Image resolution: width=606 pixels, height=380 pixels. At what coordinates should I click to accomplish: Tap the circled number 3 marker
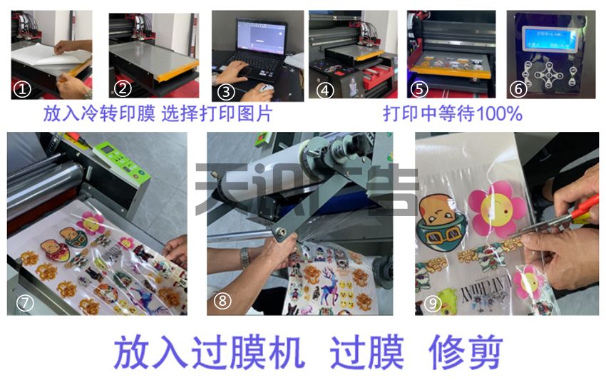[x=226, y=91]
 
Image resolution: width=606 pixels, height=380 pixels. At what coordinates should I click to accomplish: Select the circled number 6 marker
[x=518, y=89]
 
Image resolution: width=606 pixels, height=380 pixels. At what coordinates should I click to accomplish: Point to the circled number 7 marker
[x=25, y=302]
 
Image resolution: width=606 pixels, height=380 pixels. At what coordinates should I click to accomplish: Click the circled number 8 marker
[x=223, y=301]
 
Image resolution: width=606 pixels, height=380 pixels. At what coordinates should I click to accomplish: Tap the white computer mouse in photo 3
[x=265, y=88]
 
